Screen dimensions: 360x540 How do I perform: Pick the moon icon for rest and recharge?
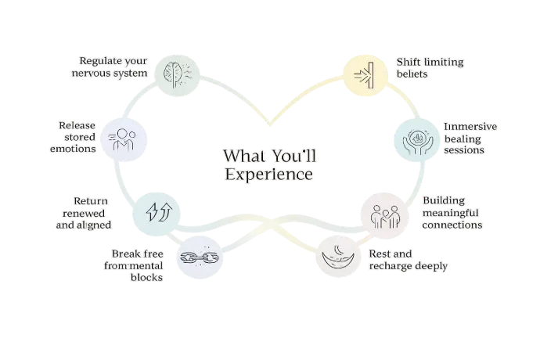point(342,254)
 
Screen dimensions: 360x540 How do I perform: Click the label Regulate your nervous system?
point(114,68)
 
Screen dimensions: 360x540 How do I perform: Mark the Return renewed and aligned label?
point(85,212)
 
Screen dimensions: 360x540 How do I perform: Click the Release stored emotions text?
point(77,137)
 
